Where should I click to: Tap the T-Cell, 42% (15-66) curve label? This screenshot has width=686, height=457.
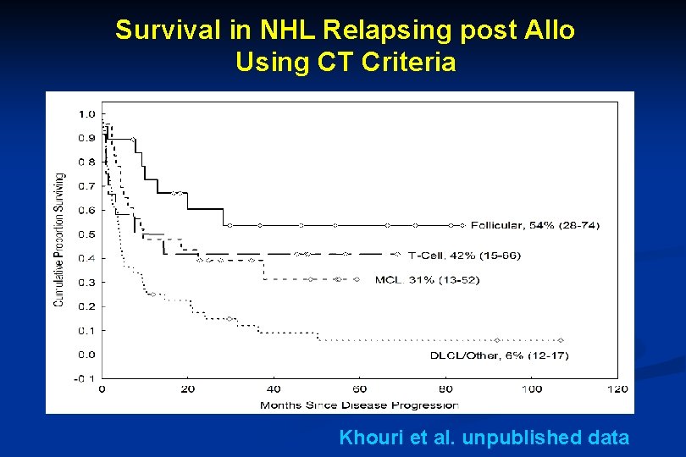tap(464, 255)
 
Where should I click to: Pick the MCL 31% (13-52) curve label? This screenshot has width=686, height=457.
tap(427, 279)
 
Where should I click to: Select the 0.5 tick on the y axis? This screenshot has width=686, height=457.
tap(86, 234)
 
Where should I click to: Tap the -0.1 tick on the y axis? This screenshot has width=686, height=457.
tap(85, 378)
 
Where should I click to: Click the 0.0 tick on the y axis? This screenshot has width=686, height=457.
tap(86, 355)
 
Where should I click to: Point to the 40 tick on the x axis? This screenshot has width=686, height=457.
tap(274, 389)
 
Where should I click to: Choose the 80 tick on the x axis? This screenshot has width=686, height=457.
tap(445, 389)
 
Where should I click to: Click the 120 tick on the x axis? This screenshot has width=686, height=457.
tap(617, 389)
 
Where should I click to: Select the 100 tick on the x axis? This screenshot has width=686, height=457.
tap(531, 389)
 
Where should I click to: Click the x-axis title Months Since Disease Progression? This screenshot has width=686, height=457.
tap(359, 405)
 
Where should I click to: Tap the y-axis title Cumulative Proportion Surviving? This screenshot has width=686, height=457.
tap(60, 240)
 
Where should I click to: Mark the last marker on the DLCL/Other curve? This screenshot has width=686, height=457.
tap(560, 340)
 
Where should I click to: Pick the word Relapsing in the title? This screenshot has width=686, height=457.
tap(363, 30)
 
